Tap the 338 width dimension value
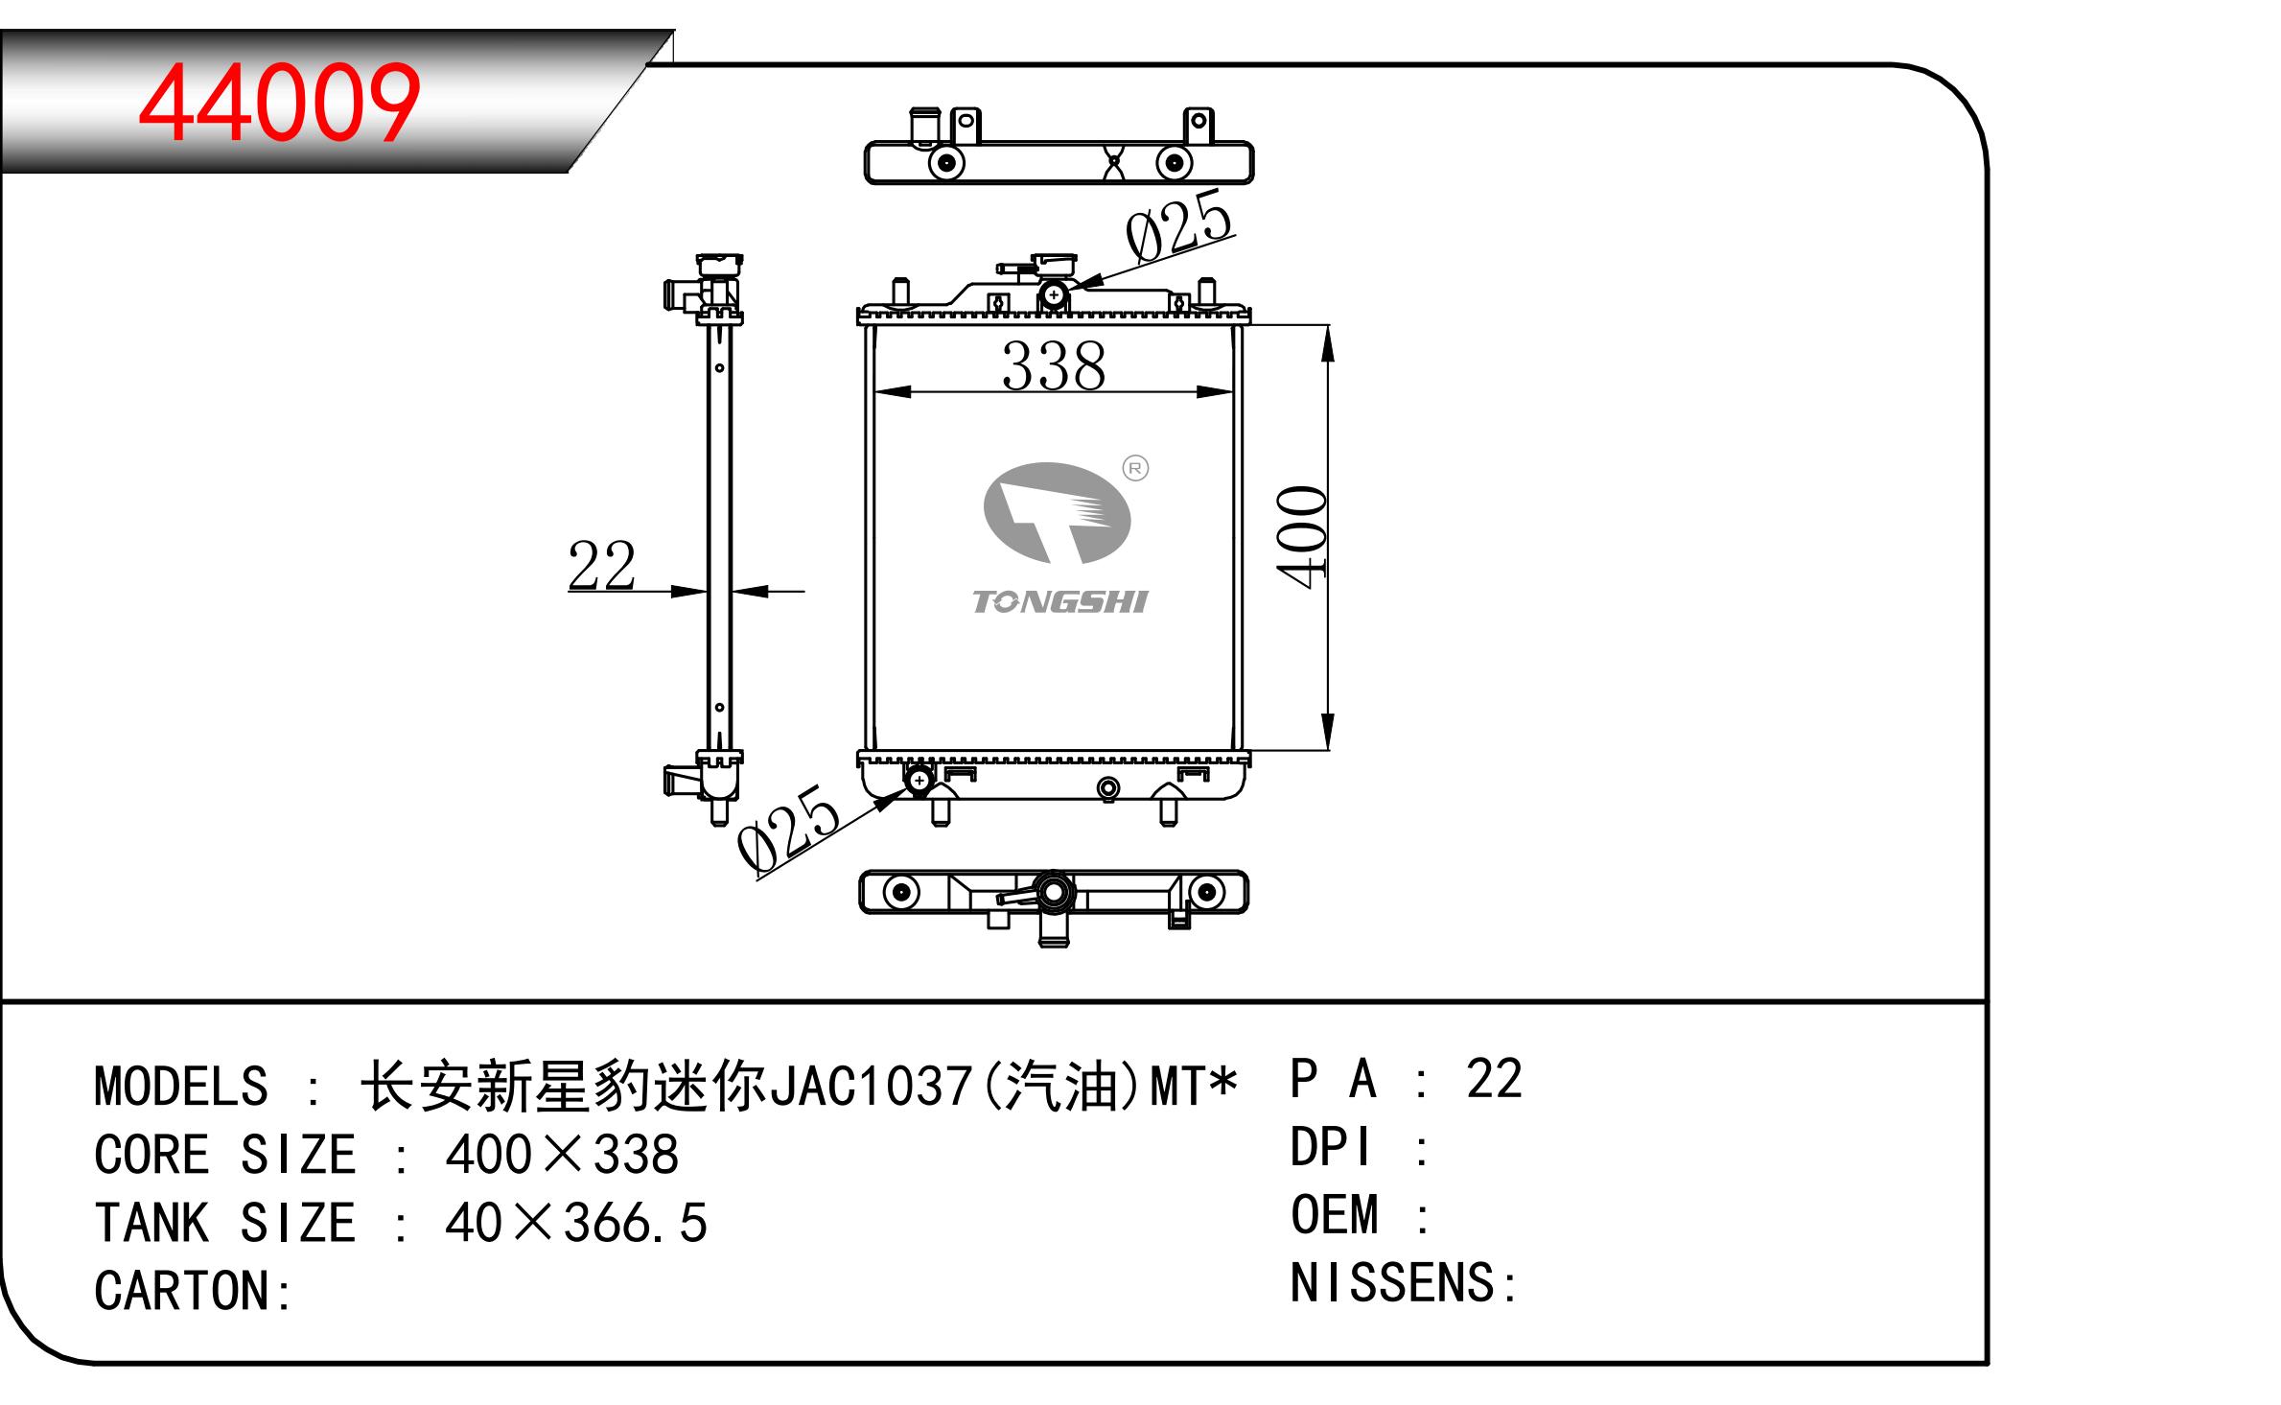coord(1053,366)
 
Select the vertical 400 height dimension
coord(1302,536)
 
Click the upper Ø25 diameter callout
coord(1178,226)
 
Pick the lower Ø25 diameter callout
coord(788,831)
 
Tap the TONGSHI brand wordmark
coord(1059,602)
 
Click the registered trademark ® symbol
coord(1135,468)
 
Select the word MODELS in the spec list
coord(180,1087)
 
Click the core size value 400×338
coord(562,1155)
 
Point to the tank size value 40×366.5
coord(576,1223)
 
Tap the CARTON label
coord(193,1291)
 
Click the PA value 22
coord(1494,1079)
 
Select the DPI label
coord(1331,1147)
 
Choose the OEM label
coord(1335,1215)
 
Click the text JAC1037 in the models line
coord(872,1087)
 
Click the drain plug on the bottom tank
coord(1108,789)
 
